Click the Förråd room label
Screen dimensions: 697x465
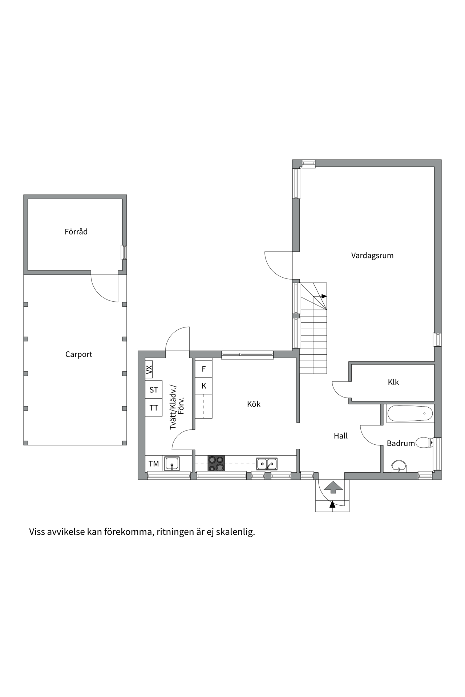click(x=76, y=232)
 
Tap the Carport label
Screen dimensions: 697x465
click(x=78, y=354)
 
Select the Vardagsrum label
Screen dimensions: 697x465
click(x=372, y=256)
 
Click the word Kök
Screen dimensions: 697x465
click(x=254, y=404)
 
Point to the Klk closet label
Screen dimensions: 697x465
click(x=393, y=382)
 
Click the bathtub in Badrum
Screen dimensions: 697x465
click(x=410, y=413)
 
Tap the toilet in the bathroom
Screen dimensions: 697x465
click(x=424, y=443)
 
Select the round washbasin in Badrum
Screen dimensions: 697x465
click(x=399, y=466)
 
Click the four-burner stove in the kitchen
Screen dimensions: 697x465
click(x=216, y=464)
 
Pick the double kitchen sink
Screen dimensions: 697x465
click(x=267, y=464)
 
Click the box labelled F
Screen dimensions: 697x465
click(x=204, y=369)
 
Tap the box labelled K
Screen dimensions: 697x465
click(x=204, y=386)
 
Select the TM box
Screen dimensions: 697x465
click(x=154, y=464)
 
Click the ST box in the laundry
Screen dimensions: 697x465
click(x=154, y=390)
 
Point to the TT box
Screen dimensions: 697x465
click(x=154, y=408)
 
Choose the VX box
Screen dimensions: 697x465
click(x=149, y=370)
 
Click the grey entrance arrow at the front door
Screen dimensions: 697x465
click(x=333, y=487)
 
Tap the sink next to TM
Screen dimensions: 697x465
click(x=172, y=464)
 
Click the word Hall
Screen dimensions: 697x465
click(x=341, y=436)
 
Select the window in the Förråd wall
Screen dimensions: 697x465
click(x=124, y=252)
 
